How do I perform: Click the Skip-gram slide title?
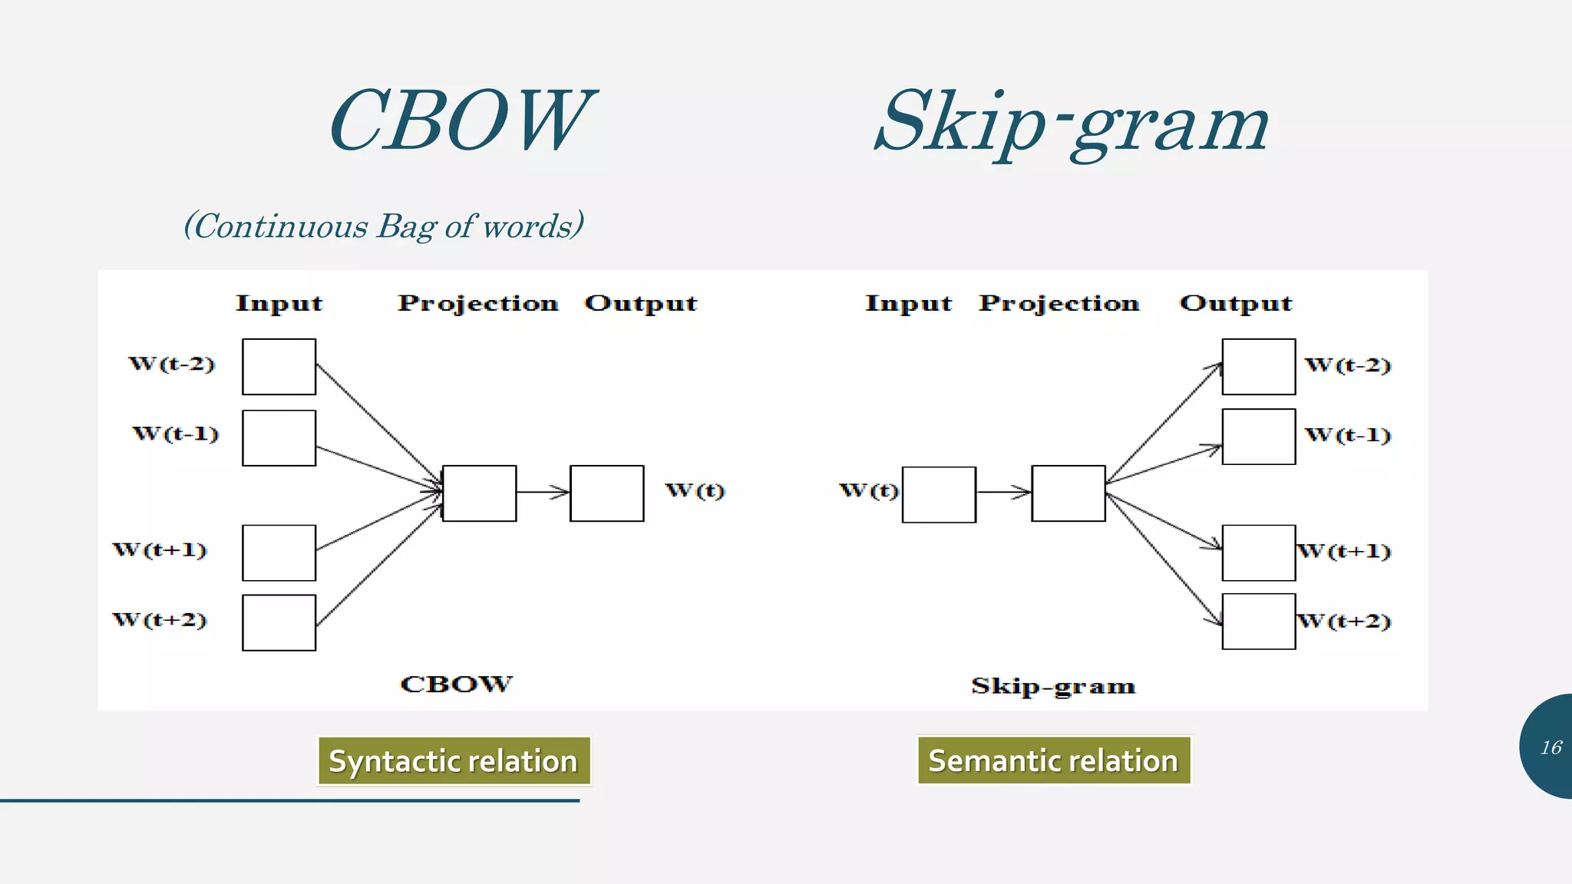(x=1071, y=123)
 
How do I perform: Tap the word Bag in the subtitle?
(x=408, y=227)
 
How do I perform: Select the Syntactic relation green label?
(x=454, y=760)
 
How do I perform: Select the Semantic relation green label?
(x=1053, y=760)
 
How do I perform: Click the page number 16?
(x=1551, y=747)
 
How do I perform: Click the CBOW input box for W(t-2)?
(x=279, y=367)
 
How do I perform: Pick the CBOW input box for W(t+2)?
(x=279, y=622)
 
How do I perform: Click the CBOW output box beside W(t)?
(x=606, y=493)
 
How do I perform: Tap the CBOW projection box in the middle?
(x=479, y=493)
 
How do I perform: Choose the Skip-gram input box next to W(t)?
(x=939, y=494)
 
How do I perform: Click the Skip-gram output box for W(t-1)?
(x=1258, y=437)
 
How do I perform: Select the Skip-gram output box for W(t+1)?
(x=1258, y=552)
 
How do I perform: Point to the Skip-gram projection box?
(x=1068, y=493)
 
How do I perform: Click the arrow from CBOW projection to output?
(x=543, y=493)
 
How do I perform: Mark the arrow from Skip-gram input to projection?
(x=1003, y=493)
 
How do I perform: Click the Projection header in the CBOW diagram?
(x=477, y=303)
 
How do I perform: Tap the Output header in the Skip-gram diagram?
(x=1236, y=303)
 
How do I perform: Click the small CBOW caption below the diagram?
(x=456, y=684)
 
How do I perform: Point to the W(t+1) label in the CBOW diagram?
(x=160, y=550)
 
